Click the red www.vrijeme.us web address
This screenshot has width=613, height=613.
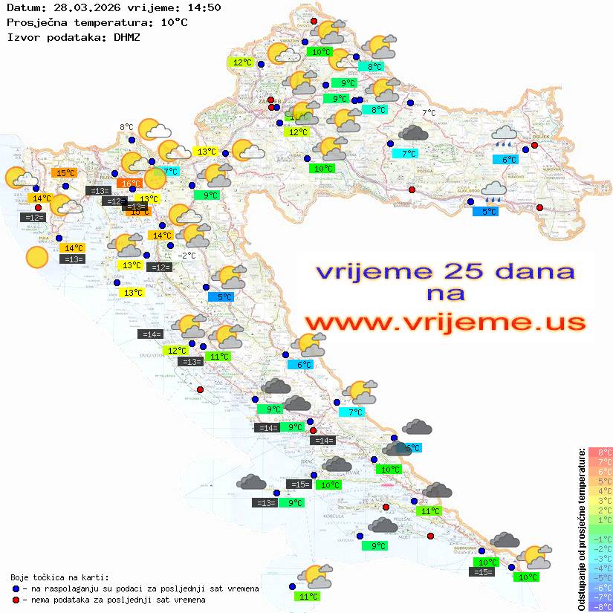[444, 322]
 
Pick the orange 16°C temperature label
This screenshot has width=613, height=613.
[131, 184]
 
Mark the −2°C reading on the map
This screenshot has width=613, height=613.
[187, 256]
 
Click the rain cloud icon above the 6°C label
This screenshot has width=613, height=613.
[506, 136]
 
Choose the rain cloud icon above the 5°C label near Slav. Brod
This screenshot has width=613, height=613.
[493, 192]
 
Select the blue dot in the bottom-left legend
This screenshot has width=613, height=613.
[16, 588]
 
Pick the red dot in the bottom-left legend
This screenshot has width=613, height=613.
[16, 600]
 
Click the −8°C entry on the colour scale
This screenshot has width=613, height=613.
[600, 607]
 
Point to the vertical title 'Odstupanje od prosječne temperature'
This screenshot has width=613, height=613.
[582, 529]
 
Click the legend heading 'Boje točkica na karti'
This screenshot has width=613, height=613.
[59, 577]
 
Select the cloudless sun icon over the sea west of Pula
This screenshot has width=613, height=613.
[35, 258]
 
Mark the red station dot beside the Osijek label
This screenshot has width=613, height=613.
[534, 146]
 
